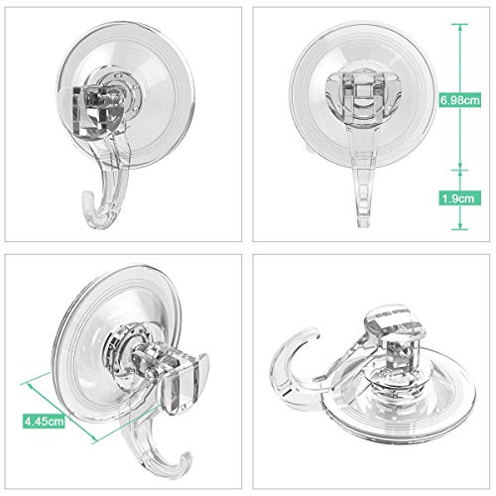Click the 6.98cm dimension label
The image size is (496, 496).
(459, 99)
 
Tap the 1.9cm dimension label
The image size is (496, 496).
(459, 198)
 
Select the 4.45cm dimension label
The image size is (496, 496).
(44, 421)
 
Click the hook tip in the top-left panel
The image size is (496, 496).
(86, 195)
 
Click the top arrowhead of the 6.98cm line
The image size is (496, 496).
(459, 27)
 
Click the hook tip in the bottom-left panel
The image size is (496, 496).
(186, 458)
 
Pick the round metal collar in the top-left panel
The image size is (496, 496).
(122, 89)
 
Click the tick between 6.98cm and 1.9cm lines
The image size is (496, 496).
(459, 170)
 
